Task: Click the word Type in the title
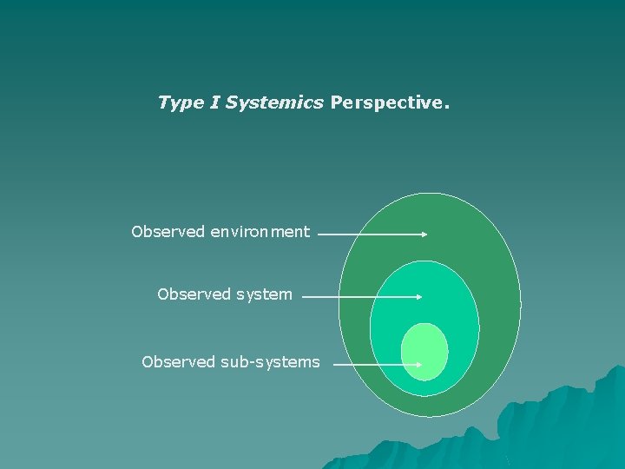179,103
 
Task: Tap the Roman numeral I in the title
214,102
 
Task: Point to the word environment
260,232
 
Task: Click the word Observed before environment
168,232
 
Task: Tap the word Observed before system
194,294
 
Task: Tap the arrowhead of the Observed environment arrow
424,234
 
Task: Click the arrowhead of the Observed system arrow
418,296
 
